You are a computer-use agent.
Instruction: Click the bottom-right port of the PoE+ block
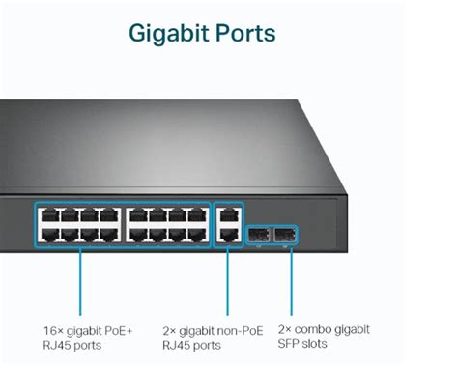200,233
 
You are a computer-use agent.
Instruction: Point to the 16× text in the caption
54,329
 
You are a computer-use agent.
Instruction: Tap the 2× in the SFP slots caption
284,329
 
